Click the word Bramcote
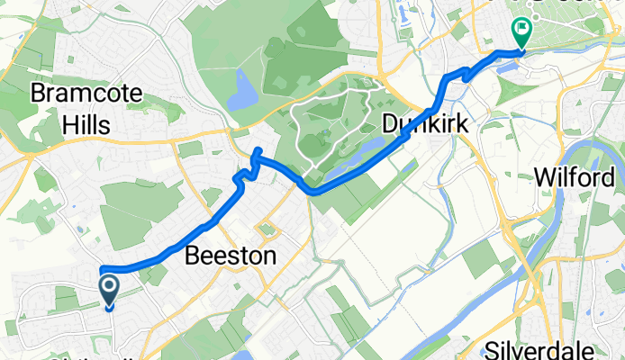74,92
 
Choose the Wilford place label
579,177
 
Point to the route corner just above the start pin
102,268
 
